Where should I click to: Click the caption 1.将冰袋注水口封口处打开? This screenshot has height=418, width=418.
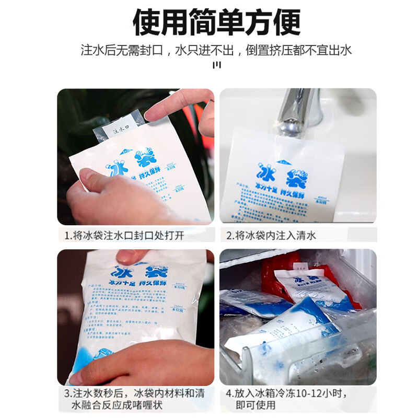click(x=124, y=235)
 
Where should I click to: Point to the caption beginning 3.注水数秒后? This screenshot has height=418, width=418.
click(x=135, y=399)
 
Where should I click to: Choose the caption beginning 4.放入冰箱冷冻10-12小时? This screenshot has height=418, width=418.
click(x=286, y=399)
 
